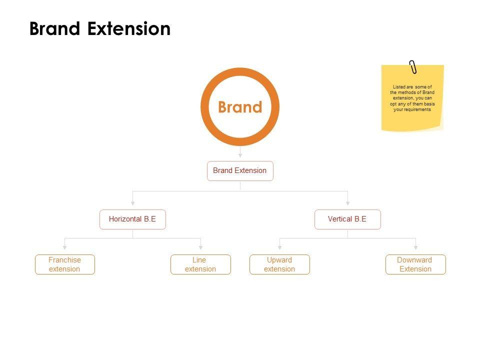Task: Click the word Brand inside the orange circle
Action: pos(240,107)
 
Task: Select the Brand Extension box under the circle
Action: pos(240,170)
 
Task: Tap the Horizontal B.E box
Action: pos(132,219)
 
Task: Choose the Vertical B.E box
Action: pos(347,219)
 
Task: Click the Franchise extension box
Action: pos(64,264)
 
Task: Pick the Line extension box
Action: pos(200,264)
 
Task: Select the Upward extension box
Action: pos(279,264)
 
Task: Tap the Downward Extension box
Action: pos(415,264)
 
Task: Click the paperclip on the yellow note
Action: pos(413,67)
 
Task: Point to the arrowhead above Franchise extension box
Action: pos(64,246)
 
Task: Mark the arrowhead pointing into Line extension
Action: pos(200,246)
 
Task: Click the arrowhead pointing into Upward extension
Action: pos(279,246)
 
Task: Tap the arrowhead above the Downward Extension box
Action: pos(415,246)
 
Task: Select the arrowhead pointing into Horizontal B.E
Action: pos(132,202)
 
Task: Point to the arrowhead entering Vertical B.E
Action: pos(347,202)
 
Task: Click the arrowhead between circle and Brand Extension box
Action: pos(240,155)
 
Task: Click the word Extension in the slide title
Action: pos(129,28)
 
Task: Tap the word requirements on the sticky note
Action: pos(419,109)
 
